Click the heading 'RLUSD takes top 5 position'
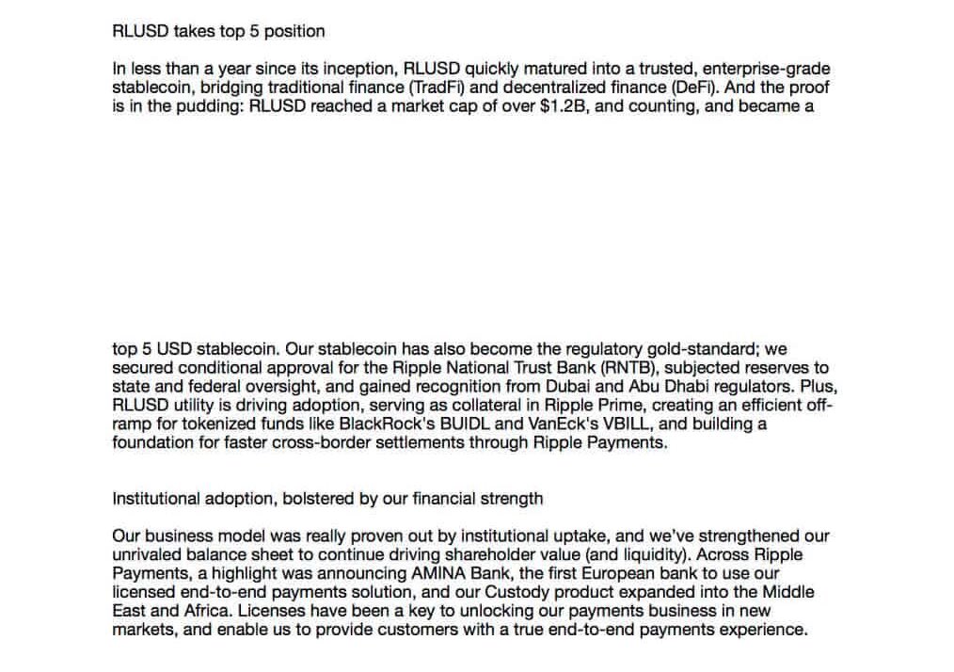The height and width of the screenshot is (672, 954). click(218, 31)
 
